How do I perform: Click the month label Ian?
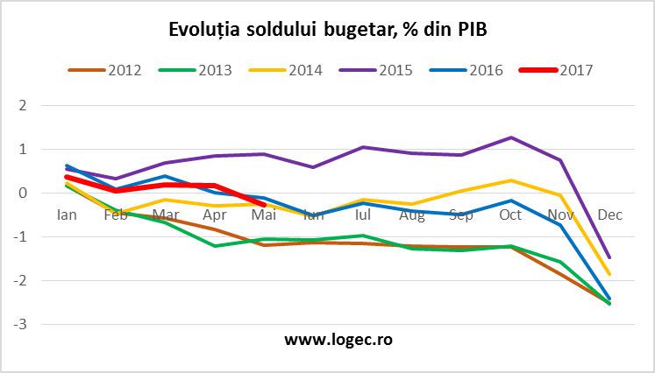[x=67, y=215]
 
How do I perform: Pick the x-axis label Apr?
[x=215, y=215]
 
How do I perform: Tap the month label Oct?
[x=510, y=215]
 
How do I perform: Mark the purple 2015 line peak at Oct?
[x=510, y=137]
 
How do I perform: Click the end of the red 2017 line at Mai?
[x=264, y=205]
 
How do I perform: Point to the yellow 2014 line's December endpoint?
[x=609, y=274]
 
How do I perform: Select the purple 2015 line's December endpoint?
[x=609, y=257]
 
